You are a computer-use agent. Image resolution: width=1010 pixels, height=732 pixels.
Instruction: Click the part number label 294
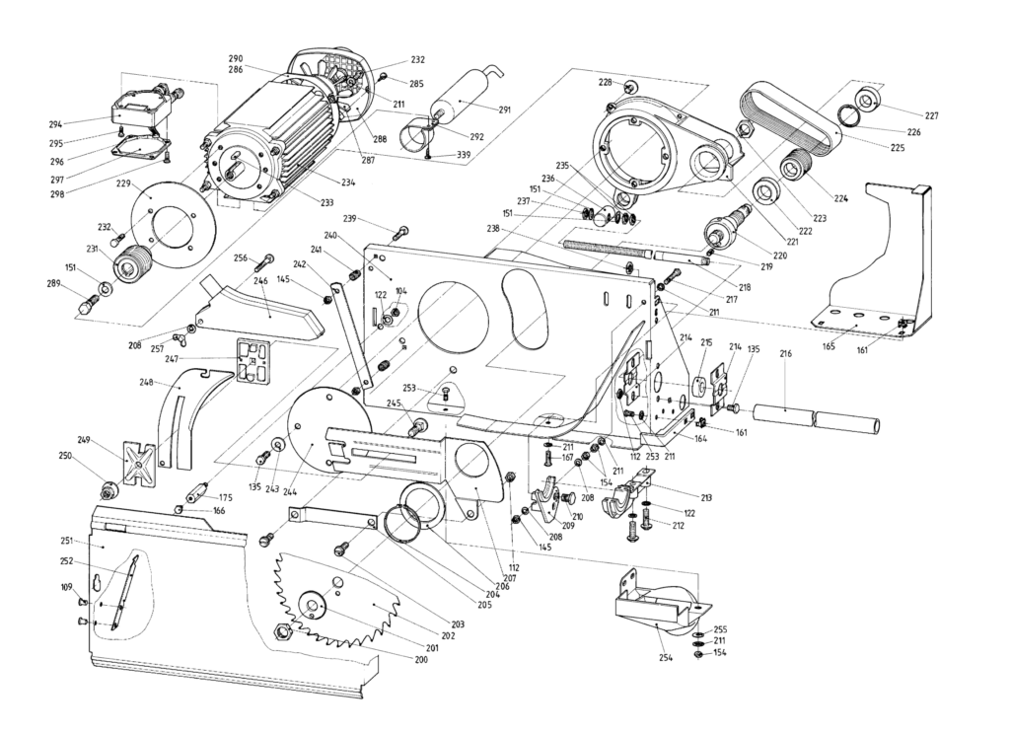coord(55,125)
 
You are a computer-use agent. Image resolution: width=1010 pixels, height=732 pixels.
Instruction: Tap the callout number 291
coord(504,110)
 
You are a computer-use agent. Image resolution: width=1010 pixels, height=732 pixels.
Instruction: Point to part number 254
coord(666,657)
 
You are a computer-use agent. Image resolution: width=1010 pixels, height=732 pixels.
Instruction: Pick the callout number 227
coord(931,115)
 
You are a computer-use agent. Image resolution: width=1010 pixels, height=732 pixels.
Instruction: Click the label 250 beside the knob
coord(66,455)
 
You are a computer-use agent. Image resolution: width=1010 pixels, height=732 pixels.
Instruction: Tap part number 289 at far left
coord(55,284)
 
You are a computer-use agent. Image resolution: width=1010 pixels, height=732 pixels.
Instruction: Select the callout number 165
coord(830,346)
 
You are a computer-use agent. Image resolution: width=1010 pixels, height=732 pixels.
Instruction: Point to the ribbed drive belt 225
coord(789,113)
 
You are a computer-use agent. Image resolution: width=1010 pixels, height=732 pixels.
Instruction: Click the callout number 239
coord(349,218)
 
